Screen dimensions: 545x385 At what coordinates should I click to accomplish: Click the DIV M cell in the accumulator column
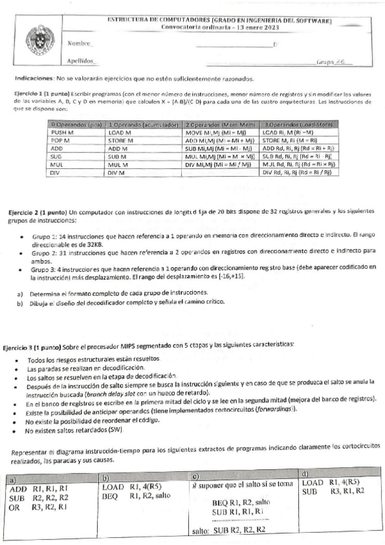click(x=116, y=173)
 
